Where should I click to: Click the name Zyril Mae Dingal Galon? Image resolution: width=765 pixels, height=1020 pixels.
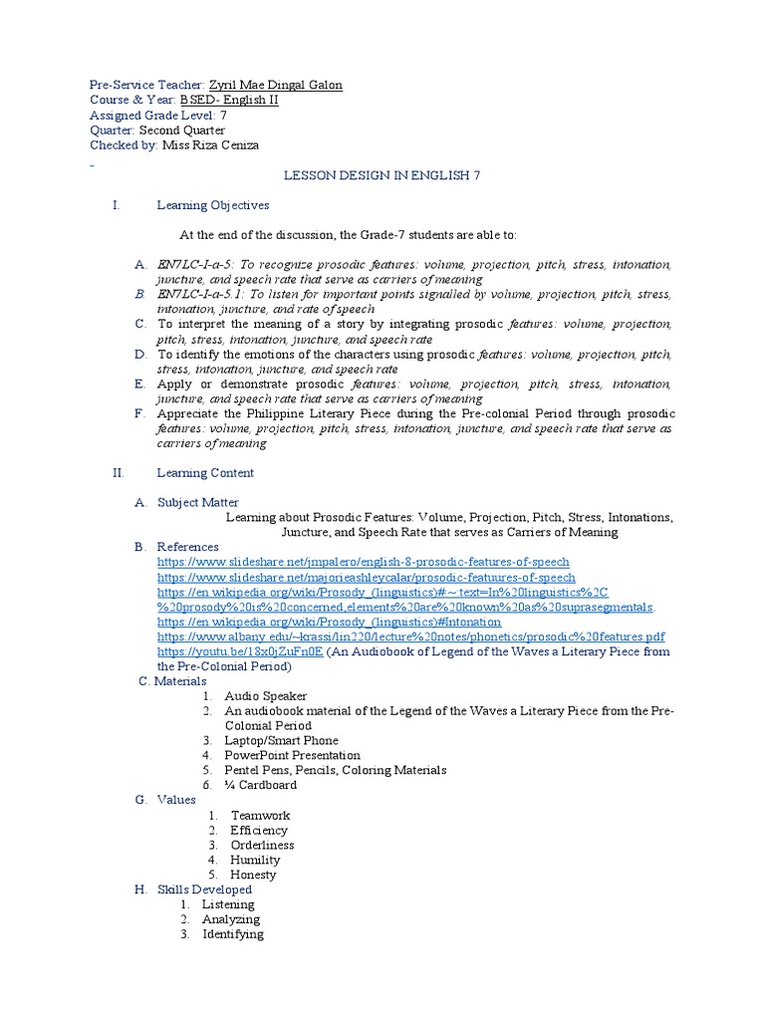click(275, 86)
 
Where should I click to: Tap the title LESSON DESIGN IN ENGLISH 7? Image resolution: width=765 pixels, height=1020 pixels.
click(382, 175)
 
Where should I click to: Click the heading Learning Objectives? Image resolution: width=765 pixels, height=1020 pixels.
click(213, 205)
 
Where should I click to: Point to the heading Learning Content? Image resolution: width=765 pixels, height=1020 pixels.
click(205, 473)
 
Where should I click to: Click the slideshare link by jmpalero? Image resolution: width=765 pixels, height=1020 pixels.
click(364, 562)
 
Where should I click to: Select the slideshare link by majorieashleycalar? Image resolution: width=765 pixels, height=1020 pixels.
click(366, 577)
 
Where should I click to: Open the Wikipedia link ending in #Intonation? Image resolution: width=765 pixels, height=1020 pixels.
click(329, 622)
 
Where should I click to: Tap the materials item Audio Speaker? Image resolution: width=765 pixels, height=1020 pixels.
click(266, 696)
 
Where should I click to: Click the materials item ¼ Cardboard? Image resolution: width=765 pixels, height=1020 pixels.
click(260, 785)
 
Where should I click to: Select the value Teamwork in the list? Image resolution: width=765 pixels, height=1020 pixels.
click(260, 815)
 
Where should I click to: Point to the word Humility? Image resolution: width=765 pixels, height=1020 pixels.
click(255, 860)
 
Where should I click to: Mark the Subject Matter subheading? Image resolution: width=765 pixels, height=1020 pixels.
click(197, 503)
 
